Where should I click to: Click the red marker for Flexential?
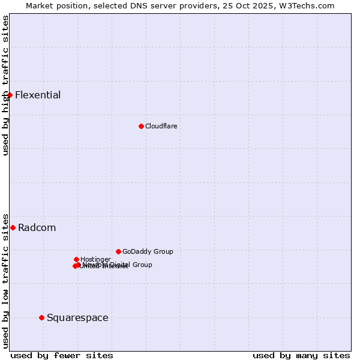tap(10, 95)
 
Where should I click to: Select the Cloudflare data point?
tap(141, 126)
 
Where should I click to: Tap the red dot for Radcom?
tap(13, 227)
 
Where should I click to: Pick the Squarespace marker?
tap(41, 317)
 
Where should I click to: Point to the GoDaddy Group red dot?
tap(118, 251)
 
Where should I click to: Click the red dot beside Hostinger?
tap(76, 259)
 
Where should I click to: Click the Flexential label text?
tap(38, 95)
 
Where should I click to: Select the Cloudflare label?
tap(161, 126)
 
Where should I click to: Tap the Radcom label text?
tap(37, 227)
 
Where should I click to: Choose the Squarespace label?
tap(77, 317)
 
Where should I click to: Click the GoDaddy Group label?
tap(148, 251)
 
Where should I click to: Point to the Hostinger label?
tap(95, 259)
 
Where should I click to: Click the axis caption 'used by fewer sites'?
tap(62, 355)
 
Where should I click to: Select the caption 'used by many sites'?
tap(301, 355)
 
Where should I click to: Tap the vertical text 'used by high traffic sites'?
tap(5, 85)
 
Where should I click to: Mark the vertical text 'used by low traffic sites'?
tap(5, 280)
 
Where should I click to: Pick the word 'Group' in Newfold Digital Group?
tap(142, 265)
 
